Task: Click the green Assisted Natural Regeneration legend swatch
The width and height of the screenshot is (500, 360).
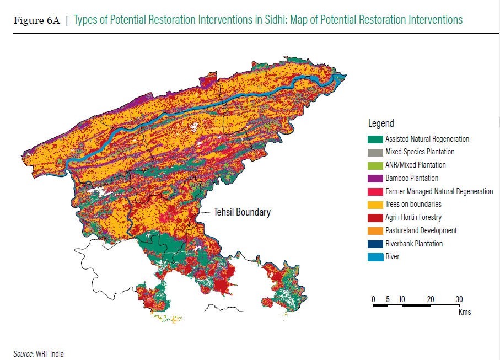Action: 375,139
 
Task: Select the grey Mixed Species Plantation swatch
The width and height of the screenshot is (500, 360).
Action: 375,152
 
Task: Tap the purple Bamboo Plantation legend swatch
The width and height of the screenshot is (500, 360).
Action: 375,178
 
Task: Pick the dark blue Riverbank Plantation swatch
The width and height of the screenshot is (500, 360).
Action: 375,244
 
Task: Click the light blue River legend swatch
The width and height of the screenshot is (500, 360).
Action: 375,257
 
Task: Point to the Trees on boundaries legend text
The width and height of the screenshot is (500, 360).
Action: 413,205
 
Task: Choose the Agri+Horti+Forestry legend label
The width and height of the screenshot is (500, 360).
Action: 413,218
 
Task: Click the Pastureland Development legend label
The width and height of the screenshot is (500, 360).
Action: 421,230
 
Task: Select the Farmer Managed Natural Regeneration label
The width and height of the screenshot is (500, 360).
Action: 439,191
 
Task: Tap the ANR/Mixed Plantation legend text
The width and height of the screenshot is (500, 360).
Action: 415,165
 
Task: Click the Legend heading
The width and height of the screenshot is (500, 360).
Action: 381,123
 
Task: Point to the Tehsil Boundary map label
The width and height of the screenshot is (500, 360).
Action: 243,212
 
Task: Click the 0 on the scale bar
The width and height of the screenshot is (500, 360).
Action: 374,299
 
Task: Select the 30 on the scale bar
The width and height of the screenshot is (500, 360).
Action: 459,299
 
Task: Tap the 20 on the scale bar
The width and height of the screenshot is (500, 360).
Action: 431,299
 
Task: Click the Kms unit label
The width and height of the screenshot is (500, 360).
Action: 464,312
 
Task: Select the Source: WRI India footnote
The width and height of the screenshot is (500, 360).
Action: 38,353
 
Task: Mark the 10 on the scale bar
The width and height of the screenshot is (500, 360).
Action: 402,299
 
